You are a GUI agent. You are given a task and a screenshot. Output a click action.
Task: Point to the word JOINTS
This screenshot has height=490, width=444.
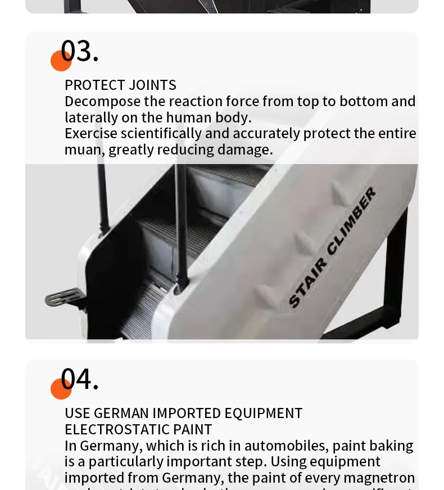point(152,85)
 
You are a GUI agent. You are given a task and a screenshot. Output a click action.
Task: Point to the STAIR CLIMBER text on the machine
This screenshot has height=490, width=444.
point(332,248)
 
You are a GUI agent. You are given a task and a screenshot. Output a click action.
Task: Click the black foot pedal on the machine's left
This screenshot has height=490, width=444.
point(64,297)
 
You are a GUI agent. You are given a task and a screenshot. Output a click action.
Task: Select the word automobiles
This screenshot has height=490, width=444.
point(286,446)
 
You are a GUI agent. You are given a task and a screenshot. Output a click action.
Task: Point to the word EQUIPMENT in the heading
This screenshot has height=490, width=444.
point(263,413)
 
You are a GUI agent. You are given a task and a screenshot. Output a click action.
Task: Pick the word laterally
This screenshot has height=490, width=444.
point(90,118)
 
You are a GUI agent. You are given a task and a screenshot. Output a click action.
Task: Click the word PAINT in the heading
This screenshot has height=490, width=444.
point(195,429)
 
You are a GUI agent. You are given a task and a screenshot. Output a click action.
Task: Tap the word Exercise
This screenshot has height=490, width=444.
point(90,134)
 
